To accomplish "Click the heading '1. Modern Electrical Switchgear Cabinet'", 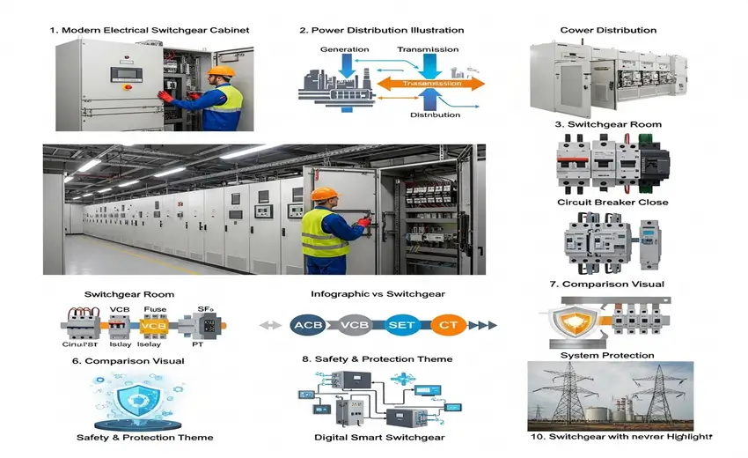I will tap(149, 30).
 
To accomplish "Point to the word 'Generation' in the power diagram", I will tap(344, 49).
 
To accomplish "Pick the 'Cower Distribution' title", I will tap(608, 30).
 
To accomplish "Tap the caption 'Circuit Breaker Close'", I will tap(612, 203).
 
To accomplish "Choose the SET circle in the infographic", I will tap(400, 324).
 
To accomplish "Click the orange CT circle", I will tap(447, 324).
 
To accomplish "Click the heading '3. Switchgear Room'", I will tap(608, 124).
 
